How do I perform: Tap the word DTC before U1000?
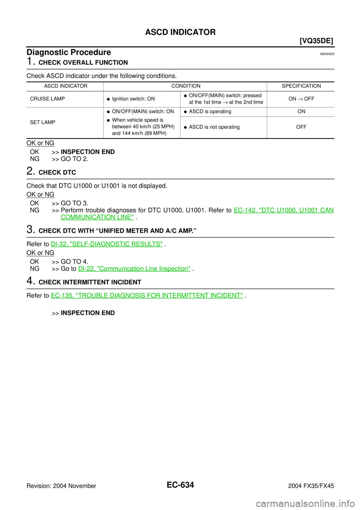click(x=268, y=210)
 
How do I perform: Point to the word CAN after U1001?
click(x=328, y=210)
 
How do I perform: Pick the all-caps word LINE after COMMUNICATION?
click(x=126, y=217)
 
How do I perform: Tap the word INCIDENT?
click(x=226, y=296)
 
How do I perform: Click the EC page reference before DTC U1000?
click(x=245, y=210)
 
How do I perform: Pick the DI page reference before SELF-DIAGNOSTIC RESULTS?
click(x=59, y=244)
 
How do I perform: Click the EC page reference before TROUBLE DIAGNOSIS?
click(x=62, y=296)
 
